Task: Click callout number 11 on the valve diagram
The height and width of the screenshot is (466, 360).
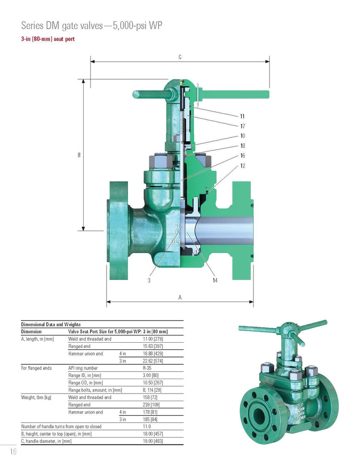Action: (x=243, y=116)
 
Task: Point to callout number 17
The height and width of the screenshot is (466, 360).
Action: (x=243, y=126)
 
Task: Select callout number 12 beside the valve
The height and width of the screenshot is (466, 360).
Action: (x=243, y=166)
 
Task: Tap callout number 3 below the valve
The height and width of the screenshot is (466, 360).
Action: (x=149, y=280)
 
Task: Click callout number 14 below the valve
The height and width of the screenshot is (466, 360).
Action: (x=215, y=280)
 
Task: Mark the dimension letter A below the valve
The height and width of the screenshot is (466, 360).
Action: (x=180, y=297)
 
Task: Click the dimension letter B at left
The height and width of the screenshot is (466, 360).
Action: (x=79, y=155)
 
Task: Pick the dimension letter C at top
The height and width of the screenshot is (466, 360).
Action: (x=180, y=57)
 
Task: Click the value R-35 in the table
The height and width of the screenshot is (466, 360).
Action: (x=147, y=368)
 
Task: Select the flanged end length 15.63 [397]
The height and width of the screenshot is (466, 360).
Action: (x=153, y=346)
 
